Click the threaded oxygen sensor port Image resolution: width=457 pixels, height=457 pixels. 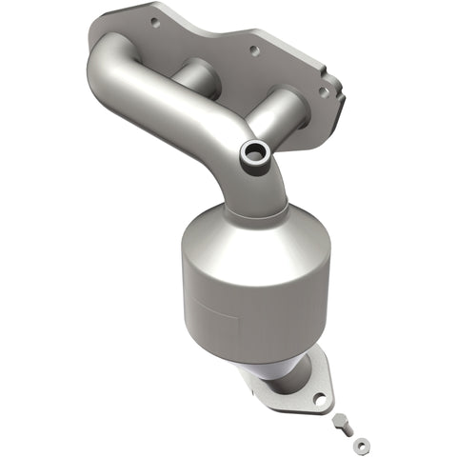[255, 153]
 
